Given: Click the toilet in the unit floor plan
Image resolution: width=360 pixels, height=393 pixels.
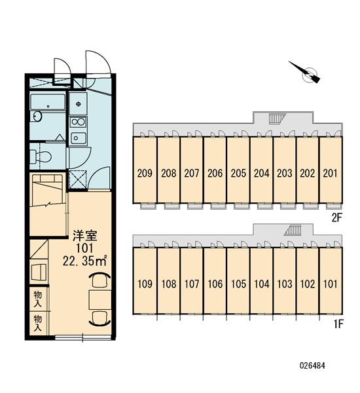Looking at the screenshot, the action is [40, 157].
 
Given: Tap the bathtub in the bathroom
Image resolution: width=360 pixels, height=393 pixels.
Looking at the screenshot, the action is [48, 102].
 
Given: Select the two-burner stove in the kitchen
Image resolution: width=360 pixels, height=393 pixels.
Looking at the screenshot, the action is [78, 122].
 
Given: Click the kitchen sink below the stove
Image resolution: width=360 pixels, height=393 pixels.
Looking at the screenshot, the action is [78, 138].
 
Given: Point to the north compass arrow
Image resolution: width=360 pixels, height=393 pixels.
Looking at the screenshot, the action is [304, 72].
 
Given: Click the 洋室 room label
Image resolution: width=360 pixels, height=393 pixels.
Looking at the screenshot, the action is [84, 236].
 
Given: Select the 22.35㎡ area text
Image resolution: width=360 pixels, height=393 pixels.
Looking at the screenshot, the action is [85, 261].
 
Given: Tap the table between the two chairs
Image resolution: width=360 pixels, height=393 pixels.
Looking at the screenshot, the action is [100, 300].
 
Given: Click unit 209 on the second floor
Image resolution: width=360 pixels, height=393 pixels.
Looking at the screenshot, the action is [145, 173].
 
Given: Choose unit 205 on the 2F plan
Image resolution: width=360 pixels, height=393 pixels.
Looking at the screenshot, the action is [238, 173].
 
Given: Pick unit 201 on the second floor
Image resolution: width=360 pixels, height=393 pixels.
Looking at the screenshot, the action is [330, 173].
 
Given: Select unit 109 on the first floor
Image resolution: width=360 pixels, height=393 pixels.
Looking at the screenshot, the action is [145, 284].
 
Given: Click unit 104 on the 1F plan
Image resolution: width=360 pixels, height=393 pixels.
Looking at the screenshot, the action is [262, 284].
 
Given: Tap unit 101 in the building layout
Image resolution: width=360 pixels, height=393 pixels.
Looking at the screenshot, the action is [330, 284].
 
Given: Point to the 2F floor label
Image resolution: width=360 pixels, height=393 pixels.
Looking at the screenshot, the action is [336, 217].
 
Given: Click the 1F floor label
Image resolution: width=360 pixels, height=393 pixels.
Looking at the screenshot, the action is [338, 324].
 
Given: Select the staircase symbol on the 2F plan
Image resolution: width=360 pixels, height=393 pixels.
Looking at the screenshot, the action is [278, 119].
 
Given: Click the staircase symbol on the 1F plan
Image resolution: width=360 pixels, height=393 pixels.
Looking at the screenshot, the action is [293, 231].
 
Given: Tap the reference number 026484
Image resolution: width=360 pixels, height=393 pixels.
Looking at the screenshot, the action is [312, 365].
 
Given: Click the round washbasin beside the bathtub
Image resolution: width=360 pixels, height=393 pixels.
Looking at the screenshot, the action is [37, 117].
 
